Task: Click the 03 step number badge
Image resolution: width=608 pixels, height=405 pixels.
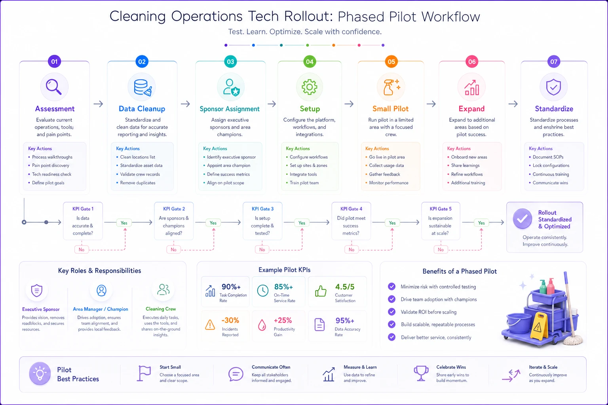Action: pyautogui.click(x=230, y=62)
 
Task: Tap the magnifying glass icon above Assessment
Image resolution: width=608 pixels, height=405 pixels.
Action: pyautogui.click(x=54, y=87)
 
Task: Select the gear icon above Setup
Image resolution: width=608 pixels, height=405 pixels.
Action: pyautogui.click(x=310, y=87)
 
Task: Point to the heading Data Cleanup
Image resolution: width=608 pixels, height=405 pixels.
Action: pyautogui.click(x=142, y=109)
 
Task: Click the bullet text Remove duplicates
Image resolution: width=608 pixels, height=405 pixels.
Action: pyautogui.click(x=138, y=183)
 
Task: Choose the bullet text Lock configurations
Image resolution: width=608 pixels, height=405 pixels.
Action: pyautogui.click(x=551, y=165)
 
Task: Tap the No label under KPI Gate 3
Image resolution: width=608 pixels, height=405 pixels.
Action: pyautogui.click(x=262, y=250)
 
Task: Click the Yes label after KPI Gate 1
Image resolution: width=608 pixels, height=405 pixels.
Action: pyautogui.click(x=124, y=223)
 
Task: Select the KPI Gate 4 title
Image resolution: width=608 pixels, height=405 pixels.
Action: pyautogui.click(x=351, y=209)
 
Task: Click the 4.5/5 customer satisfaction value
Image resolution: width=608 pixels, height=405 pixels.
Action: pyautogui.click(x=345, y=287)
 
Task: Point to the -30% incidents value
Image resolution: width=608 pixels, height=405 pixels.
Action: pyautogui.click(x=230, y=320)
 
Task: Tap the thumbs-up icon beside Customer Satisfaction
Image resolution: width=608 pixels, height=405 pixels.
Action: pyautogui.click(x=321, y=291)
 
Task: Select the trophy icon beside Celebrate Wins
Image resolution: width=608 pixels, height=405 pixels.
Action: pyautogui.click(x=421, y=373)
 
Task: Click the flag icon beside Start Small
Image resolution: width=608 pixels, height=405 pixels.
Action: pyautogui.click(x=144, y=373)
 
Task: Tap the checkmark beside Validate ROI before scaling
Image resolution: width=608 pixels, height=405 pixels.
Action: pyautogui.click(x=391, y=312)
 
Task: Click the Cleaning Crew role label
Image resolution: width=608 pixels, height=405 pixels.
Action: pyautogui.click(x=161, y=309)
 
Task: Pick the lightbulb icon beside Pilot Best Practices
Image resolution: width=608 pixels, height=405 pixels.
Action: pyautogui.click(x=40, y=373)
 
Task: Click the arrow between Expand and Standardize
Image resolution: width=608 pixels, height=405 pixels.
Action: pyautogui.click(x=513, y=104)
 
